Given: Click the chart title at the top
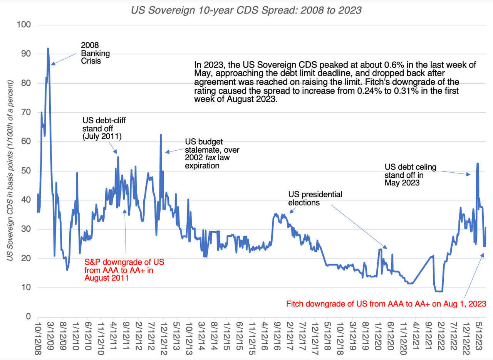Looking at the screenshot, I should [x=246, y=10].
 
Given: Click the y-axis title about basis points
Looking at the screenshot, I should [x=10, y=170].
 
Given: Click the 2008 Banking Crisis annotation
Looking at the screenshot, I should [x=95, y=52].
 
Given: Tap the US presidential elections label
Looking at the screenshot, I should [x=315, y=198].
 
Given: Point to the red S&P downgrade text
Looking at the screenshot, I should [x=124, y=270].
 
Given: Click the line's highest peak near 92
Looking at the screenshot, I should [x=48, y=49].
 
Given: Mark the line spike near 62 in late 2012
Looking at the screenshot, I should [x=161, y=135].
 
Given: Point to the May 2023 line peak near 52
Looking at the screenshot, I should [x=477, y=163].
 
